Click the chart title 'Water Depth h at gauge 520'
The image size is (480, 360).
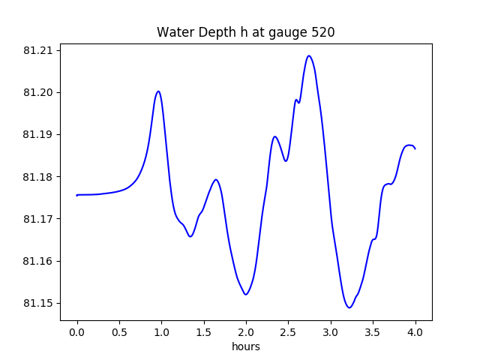tap(245, 32)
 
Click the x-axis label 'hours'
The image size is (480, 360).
tap(245, 347)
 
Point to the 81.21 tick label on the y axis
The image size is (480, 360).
tap(39, 51)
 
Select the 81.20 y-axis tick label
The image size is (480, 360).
tap(39, 93)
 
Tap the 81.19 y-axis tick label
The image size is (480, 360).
tap(39, 135)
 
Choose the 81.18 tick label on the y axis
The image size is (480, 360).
tap(39, 177)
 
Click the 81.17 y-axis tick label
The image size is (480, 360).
tap(39, 219)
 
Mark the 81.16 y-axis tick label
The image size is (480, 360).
tap(39, 261)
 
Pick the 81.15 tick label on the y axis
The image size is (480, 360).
tap(39, 303)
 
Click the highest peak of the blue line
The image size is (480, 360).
tap(308, 55)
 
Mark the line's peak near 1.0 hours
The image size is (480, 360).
tap(158, 91)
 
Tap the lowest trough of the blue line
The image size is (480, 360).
tap(349, 307)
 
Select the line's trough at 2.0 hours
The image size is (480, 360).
tap(245, 294)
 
